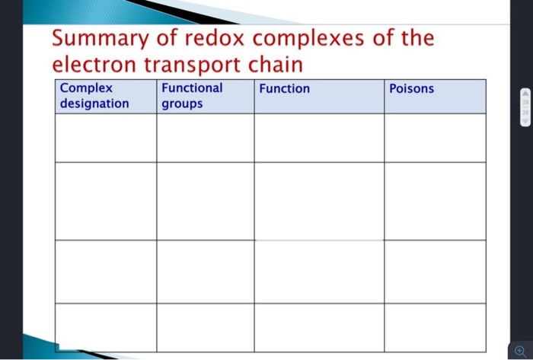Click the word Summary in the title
(100, 39)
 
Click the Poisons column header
(411, 89)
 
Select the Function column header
(284, 89)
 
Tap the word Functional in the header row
(192, 88)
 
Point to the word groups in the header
(182, 103)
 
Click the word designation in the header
(94, 103)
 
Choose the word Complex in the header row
(86, 88)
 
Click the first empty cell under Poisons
(435, 138)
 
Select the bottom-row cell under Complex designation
(106, 327)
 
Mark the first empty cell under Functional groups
(206, 138)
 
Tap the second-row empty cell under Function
(319, 201)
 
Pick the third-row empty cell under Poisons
(435, 272)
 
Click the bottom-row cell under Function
(319, 327)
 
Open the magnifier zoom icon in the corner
(520, 350)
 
